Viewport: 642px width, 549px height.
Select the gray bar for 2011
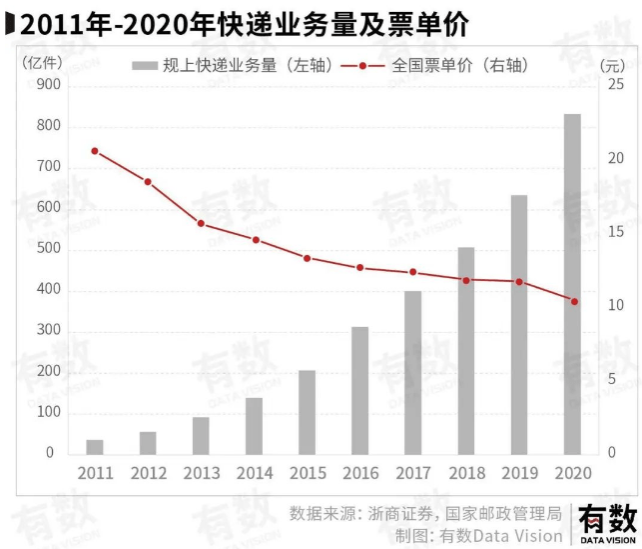(x=95, y=446)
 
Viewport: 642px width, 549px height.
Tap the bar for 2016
(x=359, y=390)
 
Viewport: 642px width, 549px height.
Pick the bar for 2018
(x=466, y=350)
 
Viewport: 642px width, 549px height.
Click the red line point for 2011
(x=95, y=151)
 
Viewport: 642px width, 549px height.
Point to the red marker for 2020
(x=573, y=301)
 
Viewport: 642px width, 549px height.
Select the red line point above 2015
(x=308, y=258)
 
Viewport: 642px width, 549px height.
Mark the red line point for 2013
(x=201, y=223)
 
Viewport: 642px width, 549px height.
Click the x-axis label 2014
(x=255, y=473)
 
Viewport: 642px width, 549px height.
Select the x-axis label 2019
(x=519, y=473)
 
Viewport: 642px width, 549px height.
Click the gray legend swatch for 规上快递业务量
(x=145, y=66)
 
